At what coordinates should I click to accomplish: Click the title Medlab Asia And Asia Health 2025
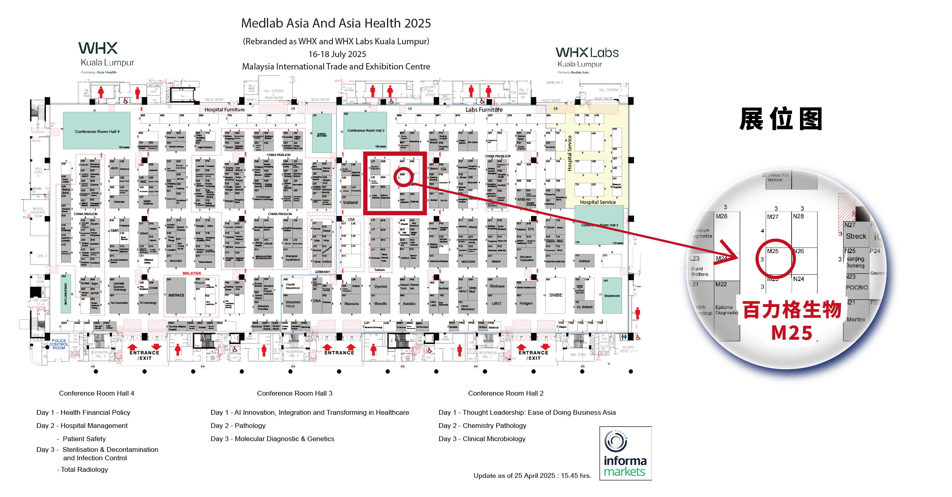[x=336, y=23]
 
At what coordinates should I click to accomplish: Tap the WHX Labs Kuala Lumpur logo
[x=587, y=58]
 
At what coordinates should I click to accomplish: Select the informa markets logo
[x=625, y=453]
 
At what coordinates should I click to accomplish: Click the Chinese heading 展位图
[x=780, y=119]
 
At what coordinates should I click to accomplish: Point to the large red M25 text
[x=792, y=333]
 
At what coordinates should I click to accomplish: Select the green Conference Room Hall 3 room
[x=365, y=130]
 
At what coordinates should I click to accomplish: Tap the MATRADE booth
[x=176, y=295]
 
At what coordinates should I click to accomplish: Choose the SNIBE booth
[x=555, y=295]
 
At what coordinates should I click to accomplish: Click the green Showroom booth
[x=612, y=296]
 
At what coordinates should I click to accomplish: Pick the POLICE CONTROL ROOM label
[x=59, y=344]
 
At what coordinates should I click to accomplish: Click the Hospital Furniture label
[x=224, y=110]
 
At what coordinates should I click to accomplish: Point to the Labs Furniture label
[x=484, y=110]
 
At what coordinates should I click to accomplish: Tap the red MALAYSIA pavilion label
[x=192, y=273]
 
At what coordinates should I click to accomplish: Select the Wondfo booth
[x=380, y=304]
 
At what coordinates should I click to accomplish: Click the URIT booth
[x=496, y=304]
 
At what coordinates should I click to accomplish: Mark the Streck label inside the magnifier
[x=855, y=236]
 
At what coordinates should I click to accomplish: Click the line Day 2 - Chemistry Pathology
[x=482, y=426]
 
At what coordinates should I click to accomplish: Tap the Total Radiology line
[x=84, y=469]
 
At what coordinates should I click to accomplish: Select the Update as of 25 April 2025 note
[x=532, y=475]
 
